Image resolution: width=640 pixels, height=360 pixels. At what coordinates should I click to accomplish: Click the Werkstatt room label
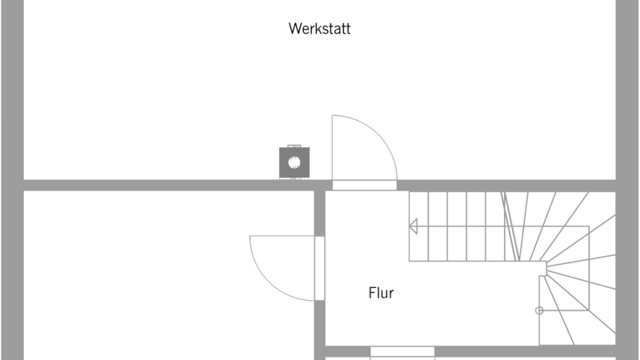pos(319,29)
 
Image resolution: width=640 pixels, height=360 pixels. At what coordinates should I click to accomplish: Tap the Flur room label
pos(381,293)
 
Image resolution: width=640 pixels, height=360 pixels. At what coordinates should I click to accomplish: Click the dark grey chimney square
pos(294,162)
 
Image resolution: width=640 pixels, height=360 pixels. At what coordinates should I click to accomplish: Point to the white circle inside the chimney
pos(294,162)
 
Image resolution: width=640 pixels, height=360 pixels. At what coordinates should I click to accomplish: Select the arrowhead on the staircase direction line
pos(414,226)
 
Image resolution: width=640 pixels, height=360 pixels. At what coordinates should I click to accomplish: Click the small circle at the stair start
pos(539,310)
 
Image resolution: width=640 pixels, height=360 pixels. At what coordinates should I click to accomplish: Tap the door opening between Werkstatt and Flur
pos(365,186)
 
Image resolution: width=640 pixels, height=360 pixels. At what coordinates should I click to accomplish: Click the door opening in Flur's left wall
pos(319,268)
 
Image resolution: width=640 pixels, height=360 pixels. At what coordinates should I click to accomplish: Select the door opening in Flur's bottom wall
pos(402,351)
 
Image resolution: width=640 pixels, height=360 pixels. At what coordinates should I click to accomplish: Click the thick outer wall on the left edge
pos(12,180)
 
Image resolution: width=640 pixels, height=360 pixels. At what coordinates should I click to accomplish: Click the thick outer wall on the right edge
pos(627,180)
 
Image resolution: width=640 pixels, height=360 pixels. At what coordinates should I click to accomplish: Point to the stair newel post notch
pos(544,269)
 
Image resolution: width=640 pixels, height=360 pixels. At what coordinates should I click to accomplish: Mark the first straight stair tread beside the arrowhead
pos(418,226)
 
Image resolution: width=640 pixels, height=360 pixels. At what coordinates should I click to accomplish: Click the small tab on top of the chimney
pos(294,146)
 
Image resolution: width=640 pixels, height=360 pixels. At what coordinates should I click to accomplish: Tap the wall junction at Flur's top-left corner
pos(319,186)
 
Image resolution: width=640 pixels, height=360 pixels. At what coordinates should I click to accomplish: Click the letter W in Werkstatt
pos(294,29)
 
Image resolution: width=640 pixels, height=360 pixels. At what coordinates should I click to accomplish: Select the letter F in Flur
pos(371,293)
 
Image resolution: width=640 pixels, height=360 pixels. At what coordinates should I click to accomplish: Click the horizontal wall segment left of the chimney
pos(151,186)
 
